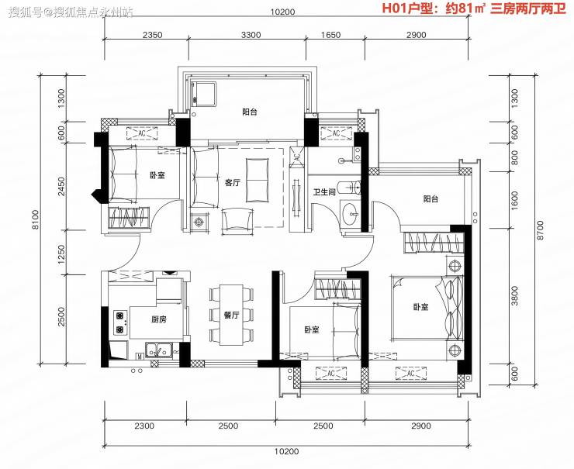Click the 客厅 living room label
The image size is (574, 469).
233,182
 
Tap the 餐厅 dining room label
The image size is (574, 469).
231,315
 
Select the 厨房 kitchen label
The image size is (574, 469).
158,319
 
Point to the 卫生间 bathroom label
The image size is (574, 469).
324,191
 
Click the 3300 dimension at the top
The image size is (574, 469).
251,35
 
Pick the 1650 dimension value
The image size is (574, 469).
330,35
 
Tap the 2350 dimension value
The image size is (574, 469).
152,35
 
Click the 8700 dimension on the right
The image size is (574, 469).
540,229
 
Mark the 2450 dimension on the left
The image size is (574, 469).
61,187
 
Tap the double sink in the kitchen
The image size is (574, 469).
159,350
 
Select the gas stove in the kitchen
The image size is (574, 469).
120,323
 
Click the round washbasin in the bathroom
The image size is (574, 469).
353,213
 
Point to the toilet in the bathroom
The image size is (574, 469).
351,188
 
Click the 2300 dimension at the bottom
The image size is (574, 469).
144,426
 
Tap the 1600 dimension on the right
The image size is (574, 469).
515,200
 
